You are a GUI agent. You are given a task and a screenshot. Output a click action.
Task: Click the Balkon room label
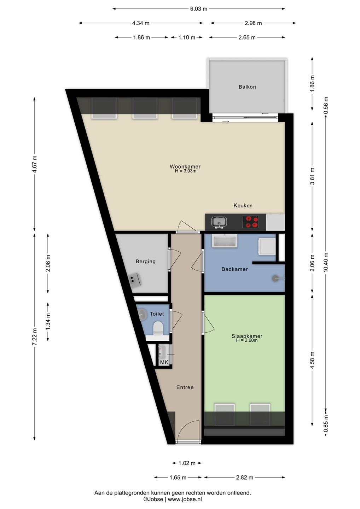(x=247, y=87)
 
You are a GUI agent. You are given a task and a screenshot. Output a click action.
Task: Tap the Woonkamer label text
(x=185, y=166)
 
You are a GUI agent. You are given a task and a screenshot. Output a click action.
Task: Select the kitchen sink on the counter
(x=219, y=222)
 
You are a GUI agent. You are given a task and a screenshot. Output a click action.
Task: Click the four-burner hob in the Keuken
(x=250, y=222)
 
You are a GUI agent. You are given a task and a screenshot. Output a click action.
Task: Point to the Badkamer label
(x=234, y=269)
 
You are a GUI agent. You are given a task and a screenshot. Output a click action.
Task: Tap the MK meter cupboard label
(x=164, y=362)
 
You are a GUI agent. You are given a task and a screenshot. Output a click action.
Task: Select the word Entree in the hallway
(x=185, y=387)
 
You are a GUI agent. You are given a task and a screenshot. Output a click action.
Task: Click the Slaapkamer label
(x=247, y=336)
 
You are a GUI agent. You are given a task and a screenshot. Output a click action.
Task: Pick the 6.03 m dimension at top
(x=199, y=9)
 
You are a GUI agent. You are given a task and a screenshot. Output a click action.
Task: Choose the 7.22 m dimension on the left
(x=35, y=337)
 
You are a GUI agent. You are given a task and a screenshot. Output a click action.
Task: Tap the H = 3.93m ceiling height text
(x=185, y=171)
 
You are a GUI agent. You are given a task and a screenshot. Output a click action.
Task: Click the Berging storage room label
(x=145, y=261)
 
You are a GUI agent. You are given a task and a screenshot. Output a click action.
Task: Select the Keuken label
(x=243, y=205)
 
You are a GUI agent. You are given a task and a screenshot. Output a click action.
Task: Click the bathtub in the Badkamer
(x=225, y=241)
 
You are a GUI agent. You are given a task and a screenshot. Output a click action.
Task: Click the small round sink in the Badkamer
(x=276, y=278)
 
